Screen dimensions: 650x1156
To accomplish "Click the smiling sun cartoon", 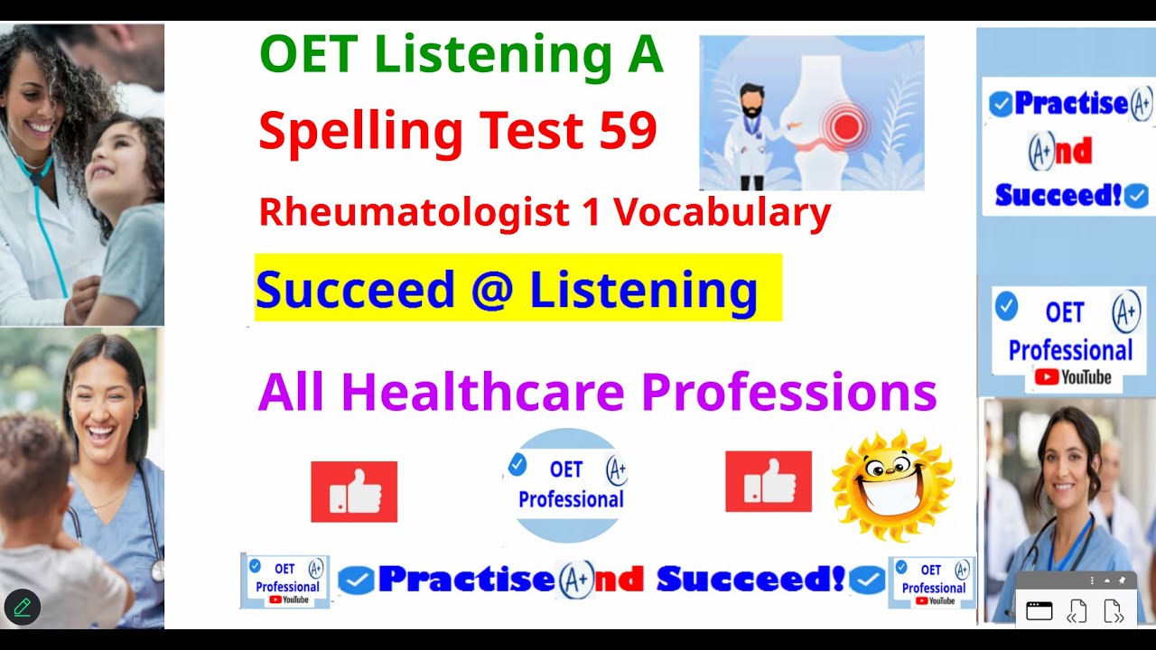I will click(x=892, y=487).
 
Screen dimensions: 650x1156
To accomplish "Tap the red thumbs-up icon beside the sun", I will click(x=768, y=481).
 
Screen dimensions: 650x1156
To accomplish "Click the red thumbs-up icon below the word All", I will click(x=354, y=491).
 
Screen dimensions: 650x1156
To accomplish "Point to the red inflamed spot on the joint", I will click(x=845, y=128).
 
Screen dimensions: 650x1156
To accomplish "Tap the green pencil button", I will click(x=23, y=607).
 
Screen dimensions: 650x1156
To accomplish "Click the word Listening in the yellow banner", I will click(x=643, y=290).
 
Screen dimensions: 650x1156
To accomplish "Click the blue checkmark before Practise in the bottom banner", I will click(x=357, y=581).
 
